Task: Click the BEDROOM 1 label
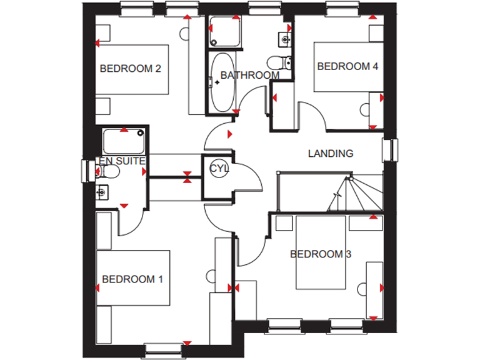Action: [132, 279]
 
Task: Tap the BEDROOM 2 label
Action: [131, 69]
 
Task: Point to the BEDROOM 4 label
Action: [347, 66]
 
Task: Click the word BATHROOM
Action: [249, 76]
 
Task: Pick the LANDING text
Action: [331, 153]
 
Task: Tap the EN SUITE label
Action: [122, 161]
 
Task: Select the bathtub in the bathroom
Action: [222, 84]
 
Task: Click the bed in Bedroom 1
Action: [133, 279]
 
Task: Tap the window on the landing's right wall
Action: [393, 150]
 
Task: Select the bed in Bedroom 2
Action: [132, 69]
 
